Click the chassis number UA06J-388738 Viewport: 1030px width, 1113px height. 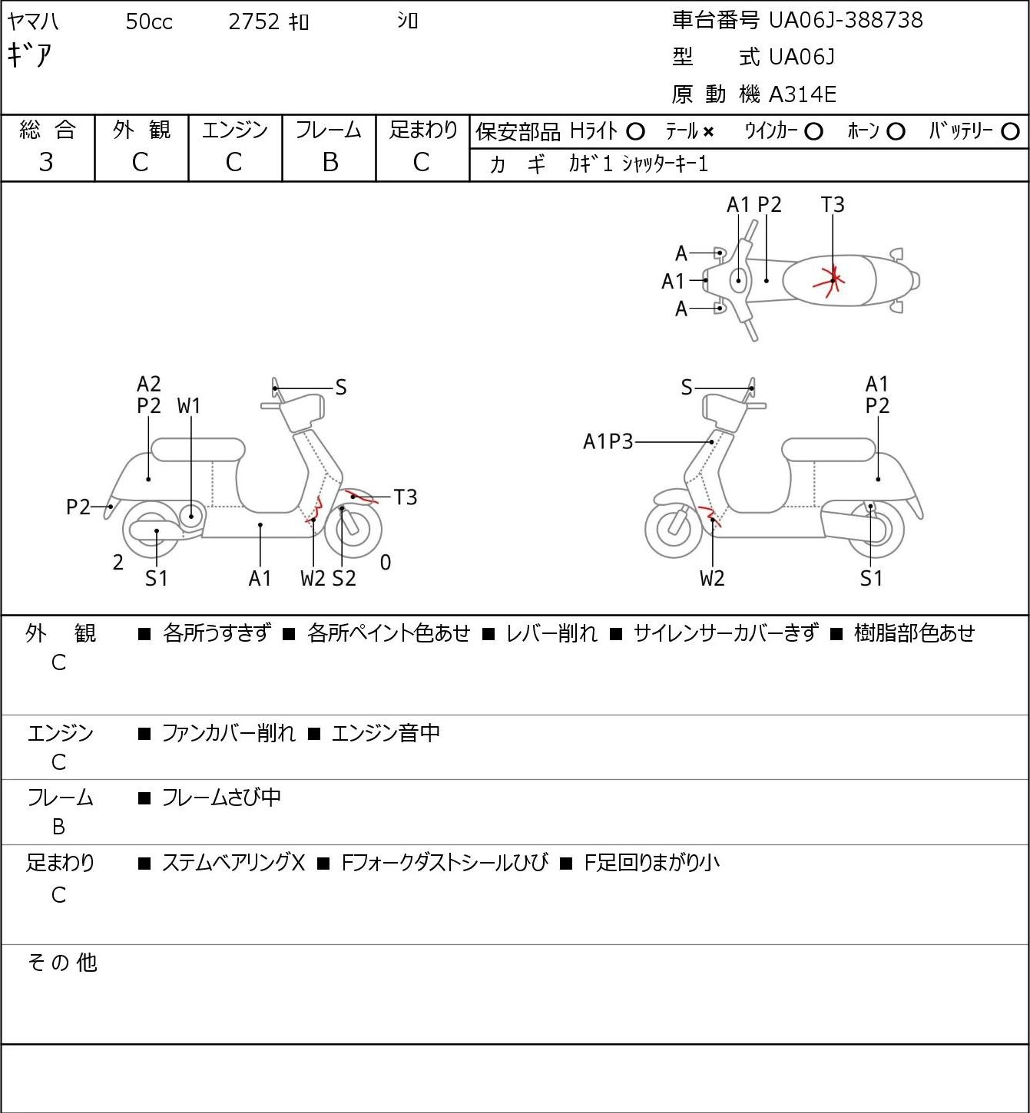point(846,20)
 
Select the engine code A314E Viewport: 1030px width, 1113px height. point(802,94)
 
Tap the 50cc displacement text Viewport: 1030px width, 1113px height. point(149,21)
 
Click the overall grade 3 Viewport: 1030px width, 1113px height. point(46,162)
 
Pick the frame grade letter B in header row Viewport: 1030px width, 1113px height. point(330,162)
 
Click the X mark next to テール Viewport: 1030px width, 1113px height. point(708,132)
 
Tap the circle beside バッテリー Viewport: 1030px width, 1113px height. point(1010,131)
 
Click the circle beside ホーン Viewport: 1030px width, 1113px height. point(896,131)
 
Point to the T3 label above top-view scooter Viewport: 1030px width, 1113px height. point(833,204)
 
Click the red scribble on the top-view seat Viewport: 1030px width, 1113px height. point(830,281)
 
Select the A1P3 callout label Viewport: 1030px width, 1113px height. point(608,441)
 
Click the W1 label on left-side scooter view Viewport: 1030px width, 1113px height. point(189,406)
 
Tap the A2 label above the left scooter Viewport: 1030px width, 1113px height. point(149,384)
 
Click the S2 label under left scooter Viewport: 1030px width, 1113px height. point(344,578)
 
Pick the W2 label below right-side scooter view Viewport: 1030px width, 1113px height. point(712,578)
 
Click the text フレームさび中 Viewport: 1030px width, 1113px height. point(221,797)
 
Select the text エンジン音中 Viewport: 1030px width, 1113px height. point(386,732)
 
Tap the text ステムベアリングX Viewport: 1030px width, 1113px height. point(233,863)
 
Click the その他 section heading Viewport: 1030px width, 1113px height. point(62,963)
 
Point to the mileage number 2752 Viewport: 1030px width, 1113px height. point(253,21)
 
